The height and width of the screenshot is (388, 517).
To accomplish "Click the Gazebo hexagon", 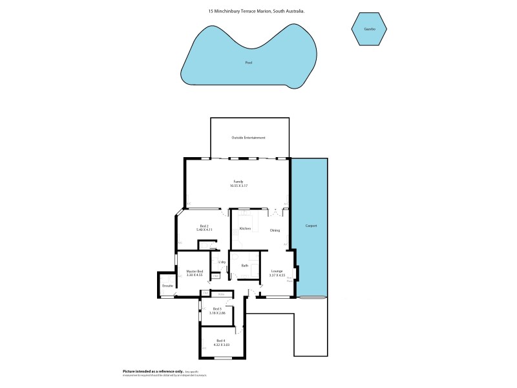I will click(x=370, y=29).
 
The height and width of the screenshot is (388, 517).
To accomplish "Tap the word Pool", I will click(x=249, y=63).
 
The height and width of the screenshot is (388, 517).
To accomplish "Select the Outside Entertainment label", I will click(x=249, y=138).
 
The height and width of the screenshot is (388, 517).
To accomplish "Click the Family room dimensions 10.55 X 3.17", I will click(x=238, y=186).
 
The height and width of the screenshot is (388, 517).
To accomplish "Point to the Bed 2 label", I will click(x=204, y=226).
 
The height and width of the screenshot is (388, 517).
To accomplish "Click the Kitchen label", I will click(x=245, y=229).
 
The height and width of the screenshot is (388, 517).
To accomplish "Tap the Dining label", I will click(x=275, y=230).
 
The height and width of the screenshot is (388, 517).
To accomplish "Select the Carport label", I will click(x=311, y=226).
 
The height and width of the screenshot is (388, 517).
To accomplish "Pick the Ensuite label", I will click(x=167, y=285).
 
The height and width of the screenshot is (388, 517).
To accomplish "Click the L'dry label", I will click(x=221, y=261).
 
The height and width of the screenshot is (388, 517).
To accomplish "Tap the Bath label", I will click(x=245, y=266).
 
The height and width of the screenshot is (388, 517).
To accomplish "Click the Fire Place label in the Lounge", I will click(x=290, y=280).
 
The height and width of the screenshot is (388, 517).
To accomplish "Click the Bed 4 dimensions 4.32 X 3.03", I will click(x=221, y=345).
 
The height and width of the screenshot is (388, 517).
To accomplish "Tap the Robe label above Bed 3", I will click(x=221, y=294).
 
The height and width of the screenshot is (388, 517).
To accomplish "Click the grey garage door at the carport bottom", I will click(x=312, y=297).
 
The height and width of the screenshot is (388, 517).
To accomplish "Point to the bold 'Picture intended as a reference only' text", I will click(x=153, y=371).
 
